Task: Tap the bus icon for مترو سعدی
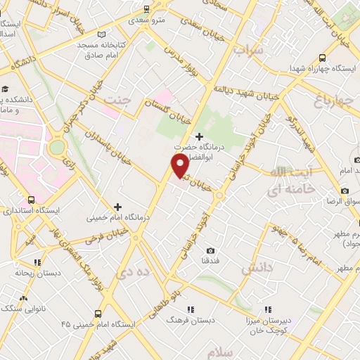point(146,9)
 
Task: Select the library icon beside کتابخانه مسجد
point(102,34)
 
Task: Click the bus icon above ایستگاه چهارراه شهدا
point(322,58)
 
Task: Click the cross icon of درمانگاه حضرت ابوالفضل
point(200,136)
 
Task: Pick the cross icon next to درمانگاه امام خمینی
point(117,207)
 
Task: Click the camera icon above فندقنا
point(211,250)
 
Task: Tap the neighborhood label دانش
point(256,269)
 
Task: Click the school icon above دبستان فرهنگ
point(190,309)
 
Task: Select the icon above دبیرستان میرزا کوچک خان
point(268,309)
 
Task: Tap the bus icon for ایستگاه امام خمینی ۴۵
point(98,314)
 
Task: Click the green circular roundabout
point(57,147)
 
